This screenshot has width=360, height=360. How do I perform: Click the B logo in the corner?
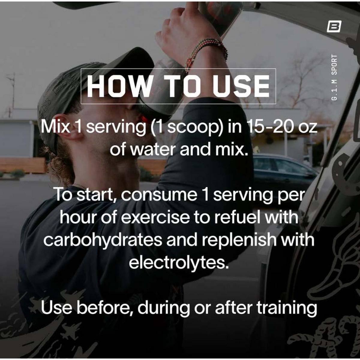(x=334, y=28)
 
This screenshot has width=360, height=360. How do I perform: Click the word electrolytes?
(x=179, y=262)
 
